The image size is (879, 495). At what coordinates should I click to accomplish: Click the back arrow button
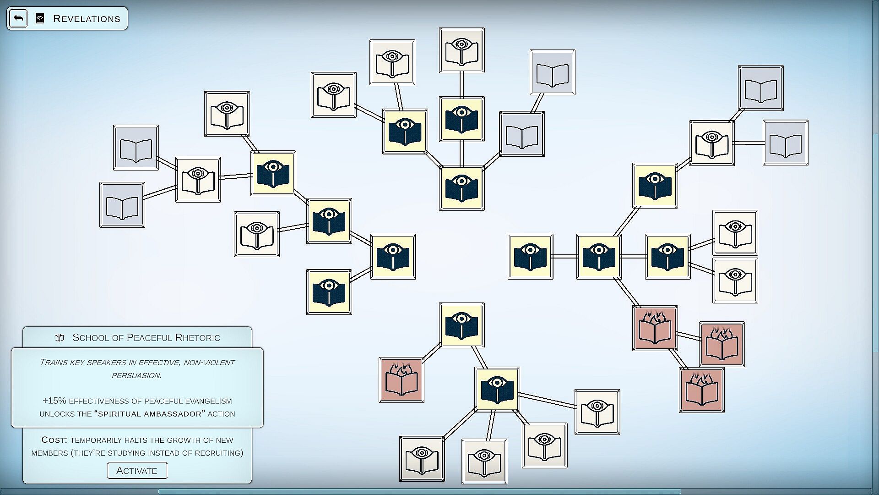tap(18, 18)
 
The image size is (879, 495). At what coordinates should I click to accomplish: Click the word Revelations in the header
tap(87, 19)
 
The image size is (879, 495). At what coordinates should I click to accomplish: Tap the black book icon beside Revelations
tap(40, 19)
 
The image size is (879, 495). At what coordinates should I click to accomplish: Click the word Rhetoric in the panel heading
tap(200, 338)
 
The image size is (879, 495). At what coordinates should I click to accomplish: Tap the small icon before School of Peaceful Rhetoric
tap(59, 338)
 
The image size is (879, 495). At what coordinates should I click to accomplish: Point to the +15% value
tap(54, 401)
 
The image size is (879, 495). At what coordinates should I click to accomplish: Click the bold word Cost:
tap(54, 440)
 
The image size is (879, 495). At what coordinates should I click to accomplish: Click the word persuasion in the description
tap(137, 375)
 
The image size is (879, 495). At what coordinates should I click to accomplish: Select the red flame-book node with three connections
tap(655, 328)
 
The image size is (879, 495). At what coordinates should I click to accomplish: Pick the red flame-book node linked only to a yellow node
tap(401, 380)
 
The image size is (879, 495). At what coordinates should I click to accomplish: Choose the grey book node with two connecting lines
tap(522, 134)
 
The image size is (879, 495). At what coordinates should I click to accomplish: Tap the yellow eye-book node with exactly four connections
tap(599, 256)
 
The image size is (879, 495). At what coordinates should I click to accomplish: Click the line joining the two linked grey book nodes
tap(537, 103)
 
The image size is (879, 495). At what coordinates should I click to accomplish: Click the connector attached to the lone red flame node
tap(431, 353)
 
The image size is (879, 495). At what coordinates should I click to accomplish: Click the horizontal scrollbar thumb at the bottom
tap(419, 492)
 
